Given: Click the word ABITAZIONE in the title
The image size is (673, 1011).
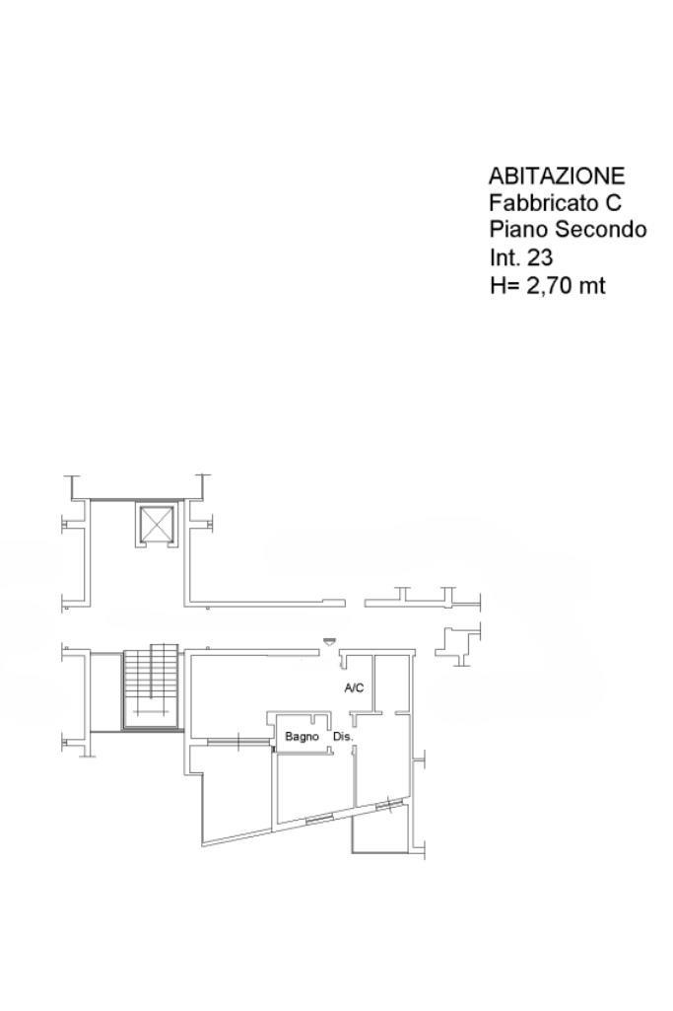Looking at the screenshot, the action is click(557, 176).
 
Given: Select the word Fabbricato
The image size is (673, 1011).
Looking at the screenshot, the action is click(542, 202).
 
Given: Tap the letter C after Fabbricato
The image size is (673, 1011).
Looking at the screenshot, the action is click(612, 202).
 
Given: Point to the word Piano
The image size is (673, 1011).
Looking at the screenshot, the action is click(519, 230).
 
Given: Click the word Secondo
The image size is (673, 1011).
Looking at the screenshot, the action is click(601, 230).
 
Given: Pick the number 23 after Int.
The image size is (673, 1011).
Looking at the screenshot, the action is click(540, 257).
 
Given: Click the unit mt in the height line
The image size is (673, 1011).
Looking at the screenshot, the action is click(592, 286).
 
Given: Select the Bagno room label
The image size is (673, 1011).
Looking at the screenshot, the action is click(303, 737).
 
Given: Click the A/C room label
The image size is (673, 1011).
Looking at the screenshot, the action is click(354, 687).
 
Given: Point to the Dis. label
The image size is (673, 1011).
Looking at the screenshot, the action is click(343, 737).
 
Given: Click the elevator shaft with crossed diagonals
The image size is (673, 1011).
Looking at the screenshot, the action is click(157, 526).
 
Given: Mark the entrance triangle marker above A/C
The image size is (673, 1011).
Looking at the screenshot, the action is click(329, 640).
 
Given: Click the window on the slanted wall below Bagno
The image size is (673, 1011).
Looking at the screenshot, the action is click(319, 821).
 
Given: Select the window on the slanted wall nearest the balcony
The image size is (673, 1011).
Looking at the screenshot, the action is click(388, 805).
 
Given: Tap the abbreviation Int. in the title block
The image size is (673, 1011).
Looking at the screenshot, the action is click(505, 257).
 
